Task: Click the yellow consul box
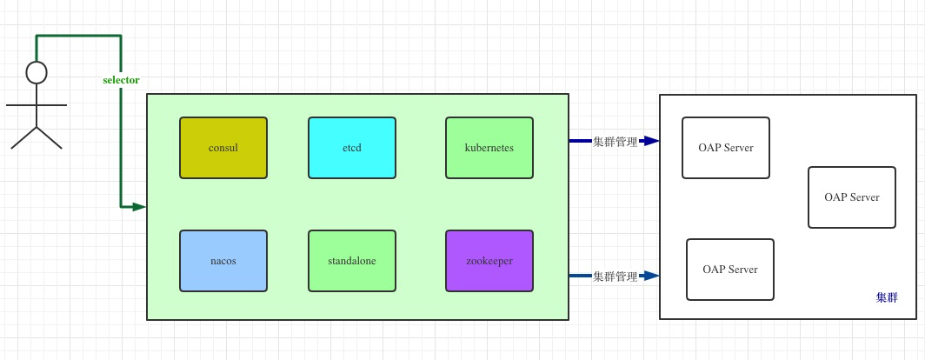coord(223,148)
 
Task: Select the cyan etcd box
coord(352,148)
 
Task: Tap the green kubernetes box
coord(489,148)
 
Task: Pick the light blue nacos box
coord(223,260)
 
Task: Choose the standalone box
coord(352,260)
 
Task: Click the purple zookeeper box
coord(489,260)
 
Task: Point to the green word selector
coord(121,80)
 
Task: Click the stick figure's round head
coord(37,72)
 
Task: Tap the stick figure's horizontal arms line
coord(37,104)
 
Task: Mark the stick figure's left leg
coord(24,137)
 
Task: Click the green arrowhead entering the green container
coord(138,207)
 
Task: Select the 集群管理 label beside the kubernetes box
coord(615,141)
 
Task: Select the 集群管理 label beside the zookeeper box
coord(615,277)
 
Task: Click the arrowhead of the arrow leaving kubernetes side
coord(652,141)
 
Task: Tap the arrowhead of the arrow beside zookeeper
coord(652,277)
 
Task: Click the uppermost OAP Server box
coord(726,148)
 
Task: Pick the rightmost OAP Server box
coord(852,197)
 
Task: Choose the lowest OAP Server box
coord(730,270)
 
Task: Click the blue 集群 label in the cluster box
coord(887,298)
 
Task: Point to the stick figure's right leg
coord(50,137)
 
